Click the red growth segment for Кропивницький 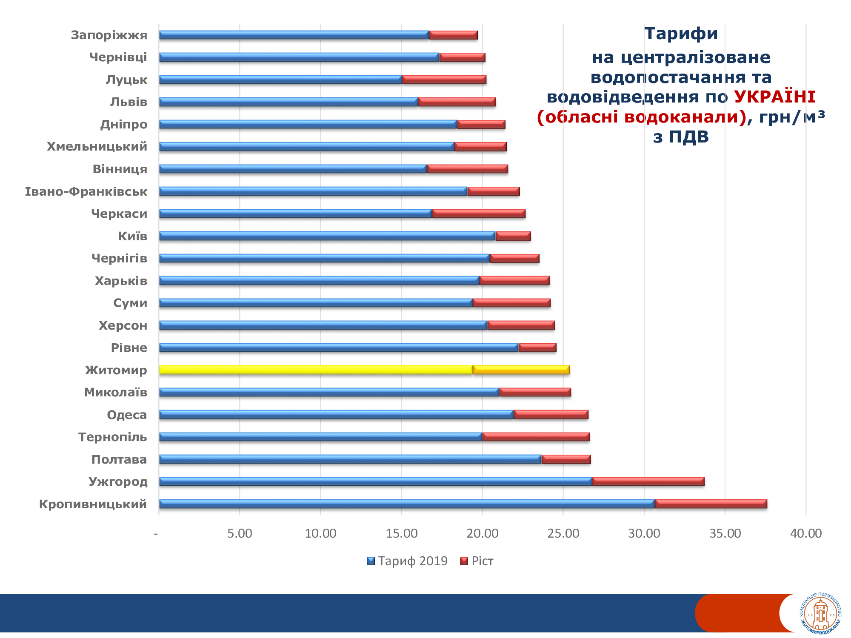click(711, 504)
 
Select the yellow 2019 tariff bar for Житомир click(316, 370)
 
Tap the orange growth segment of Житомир click(521, 370)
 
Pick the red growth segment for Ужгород click(648, 481)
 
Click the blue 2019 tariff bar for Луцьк click(280, 80)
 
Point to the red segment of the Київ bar click(513, 236)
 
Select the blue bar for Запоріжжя click(294, 35)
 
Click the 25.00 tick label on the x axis click(563, 533)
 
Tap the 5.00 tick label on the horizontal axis click(240, 533)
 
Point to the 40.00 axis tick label click(806, 533)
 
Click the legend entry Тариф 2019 click(407, 561)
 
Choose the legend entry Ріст click(477, 561)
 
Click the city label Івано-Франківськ click(86, 191)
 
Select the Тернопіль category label click(113, 437)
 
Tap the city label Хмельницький click(97, 147)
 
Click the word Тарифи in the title click(681, 34)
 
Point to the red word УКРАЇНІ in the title click(775, 97)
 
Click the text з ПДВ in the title click(681, 137)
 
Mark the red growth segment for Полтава click(566, 459)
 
